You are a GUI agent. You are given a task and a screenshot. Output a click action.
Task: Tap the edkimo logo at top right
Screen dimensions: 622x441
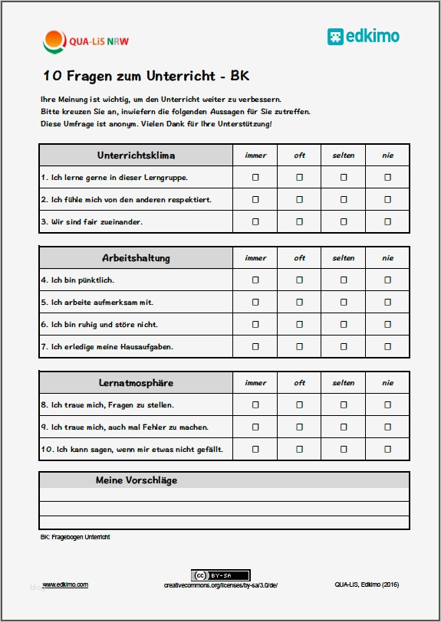363,36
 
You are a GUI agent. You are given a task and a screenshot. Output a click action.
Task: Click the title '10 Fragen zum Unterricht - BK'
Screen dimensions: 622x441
146,77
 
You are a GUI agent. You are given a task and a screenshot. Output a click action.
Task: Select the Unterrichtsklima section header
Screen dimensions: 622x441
136,155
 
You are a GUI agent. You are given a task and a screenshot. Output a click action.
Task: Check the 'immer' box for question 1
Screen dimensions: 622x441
255,178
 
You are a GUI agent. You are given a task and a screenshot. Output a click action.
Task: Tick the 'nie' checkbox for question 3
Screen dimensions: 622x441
387,222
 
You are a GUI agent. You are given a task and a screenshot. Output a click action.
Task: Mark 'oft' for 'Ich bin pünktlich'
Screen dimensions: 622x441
299,280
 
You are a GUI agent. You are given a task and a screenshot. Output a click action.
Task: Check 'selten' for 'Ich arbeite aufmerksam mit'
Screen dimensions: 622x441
344,303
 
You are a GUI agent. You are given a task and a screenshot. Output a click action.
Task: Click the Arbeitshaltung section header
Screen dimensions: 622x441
136,258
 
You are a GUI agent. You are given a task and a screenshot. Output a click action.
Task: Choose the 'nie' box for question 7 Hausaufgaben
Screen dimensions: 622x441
387,347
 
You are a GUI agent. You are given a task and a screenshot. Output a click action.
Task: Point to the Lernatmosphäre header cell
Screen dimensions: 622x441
136,383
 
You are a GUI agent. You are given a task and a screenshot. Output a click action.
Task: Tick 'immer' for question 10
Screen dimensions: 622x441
255,449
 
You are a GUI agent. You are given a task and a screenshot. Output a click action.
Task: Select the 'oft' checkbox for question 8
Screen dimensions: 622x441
299,404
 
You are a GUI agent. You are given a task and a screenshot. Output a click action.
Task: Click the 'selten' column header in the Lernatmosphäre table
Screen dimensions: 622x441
344,383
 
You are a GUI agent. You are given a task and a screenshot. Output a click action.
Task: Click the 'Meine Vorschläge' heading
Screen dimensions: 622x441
137,481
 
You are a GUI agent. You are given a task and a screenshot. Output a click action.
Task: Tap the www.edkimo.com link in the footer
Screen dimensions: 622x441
65,584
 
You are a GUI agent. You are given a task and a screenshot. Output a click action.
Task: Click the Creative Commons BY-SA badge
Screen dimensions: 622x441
220,575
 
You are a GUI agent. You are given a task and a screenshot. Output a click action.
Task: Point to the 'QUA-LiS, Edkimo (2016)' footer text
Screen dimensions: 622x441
366,584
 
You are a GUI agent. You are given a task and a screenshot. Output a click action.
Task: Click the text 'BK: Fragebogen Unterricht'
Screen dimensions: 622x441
75,537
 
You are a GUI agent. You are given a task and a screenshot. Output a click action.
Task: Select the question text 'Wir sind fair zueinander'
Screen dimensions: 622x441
97,222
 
